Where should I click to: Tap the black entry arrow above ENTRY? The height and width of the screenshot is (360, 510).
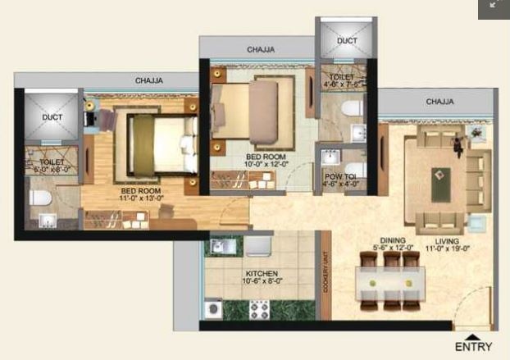point(474,335)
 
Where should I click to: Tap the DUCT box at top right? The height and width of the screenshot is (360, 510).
point(346,40)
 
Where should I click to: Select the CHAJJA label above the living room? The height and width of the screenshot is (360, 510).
point(439,103)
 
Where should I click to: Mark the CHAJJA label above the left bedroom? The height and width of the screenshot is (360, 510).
point(148,80)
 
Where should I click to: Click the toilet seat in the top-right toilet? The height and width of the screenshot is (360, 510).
point(351,107)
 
